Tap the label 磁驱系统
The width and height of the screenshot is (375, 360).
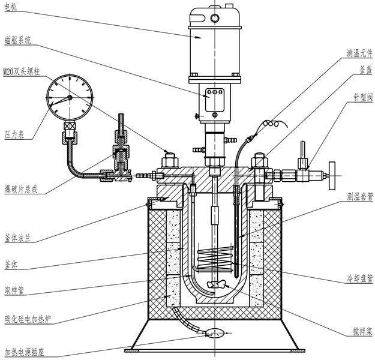[17, 40]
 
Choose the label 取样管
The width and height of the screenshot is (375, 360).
[13, 289]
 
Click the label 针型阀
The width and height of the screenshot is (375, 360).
[362, 95]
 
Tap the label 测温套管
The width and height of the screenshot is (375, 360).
[359, 196]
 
